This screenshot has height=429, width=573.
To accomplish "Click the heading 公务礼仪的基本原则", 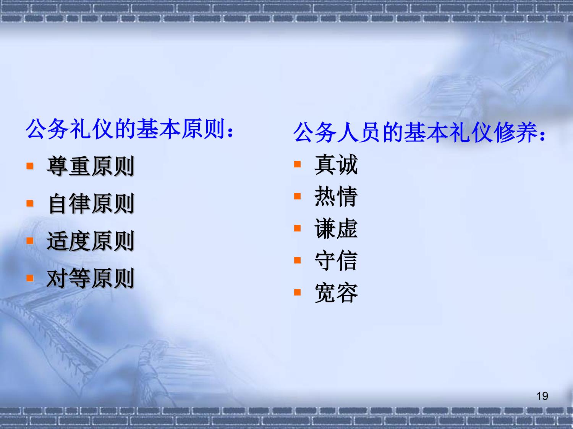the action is coord(126,129).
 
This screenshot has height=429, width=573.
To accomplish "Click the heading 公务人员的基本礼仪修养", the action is coord(416,132).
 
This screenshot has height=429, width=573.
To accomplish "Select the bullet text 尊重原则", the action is coord(91,166).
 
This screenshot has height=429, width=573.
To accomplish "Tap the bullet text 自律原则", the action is coord(91,203).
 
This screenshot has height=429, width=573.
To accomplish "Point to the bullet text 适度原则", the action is coord(91,241).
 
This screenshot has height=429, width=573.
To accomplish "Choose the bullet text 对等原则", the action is coord(91,278).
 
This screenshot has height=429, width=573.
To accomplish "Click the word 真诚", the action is coord(336,165).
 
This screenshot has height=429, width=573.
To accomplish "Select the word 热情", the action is coord(336,197).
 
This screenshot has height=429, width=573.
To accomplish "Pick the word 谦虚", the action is coord(336,229).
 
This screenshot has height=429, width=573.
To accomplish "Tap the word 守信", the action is coord(336,261).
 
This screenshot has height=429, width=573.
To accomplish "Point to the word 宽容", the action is coord(336,293).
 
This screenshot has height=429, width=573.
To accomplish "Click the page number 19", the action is coord(542,396).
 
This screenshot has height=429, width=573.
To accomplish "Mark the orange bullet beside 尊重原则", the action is coord(30,166).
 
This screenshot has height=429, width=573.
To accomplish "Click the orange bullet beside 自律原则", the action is coord(30,203).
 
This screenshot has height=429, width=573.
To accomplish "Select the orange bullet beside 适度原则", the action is coord(30,241).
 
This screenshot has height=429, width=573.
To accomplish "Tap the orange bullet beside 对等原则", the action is coord(30,278).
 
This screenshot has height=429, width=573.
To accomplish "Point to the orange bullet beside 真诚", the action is coord(297,164).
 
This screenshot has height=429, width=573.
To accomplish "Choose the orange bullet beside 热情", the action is coord(297,196).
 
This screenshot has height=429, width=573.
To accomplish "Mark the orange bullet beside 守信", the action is coord(297,260).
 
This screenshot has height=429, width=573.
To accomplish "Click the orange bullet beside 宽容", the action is coord(297,292).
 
